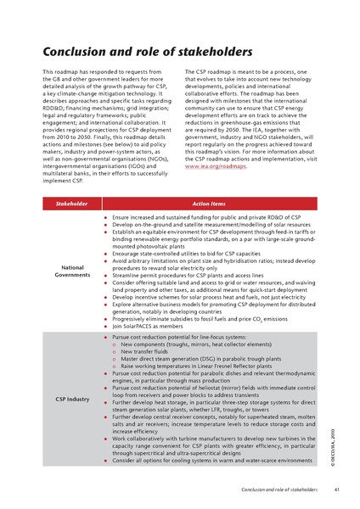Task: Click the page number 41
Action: [x=338, y=489]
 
